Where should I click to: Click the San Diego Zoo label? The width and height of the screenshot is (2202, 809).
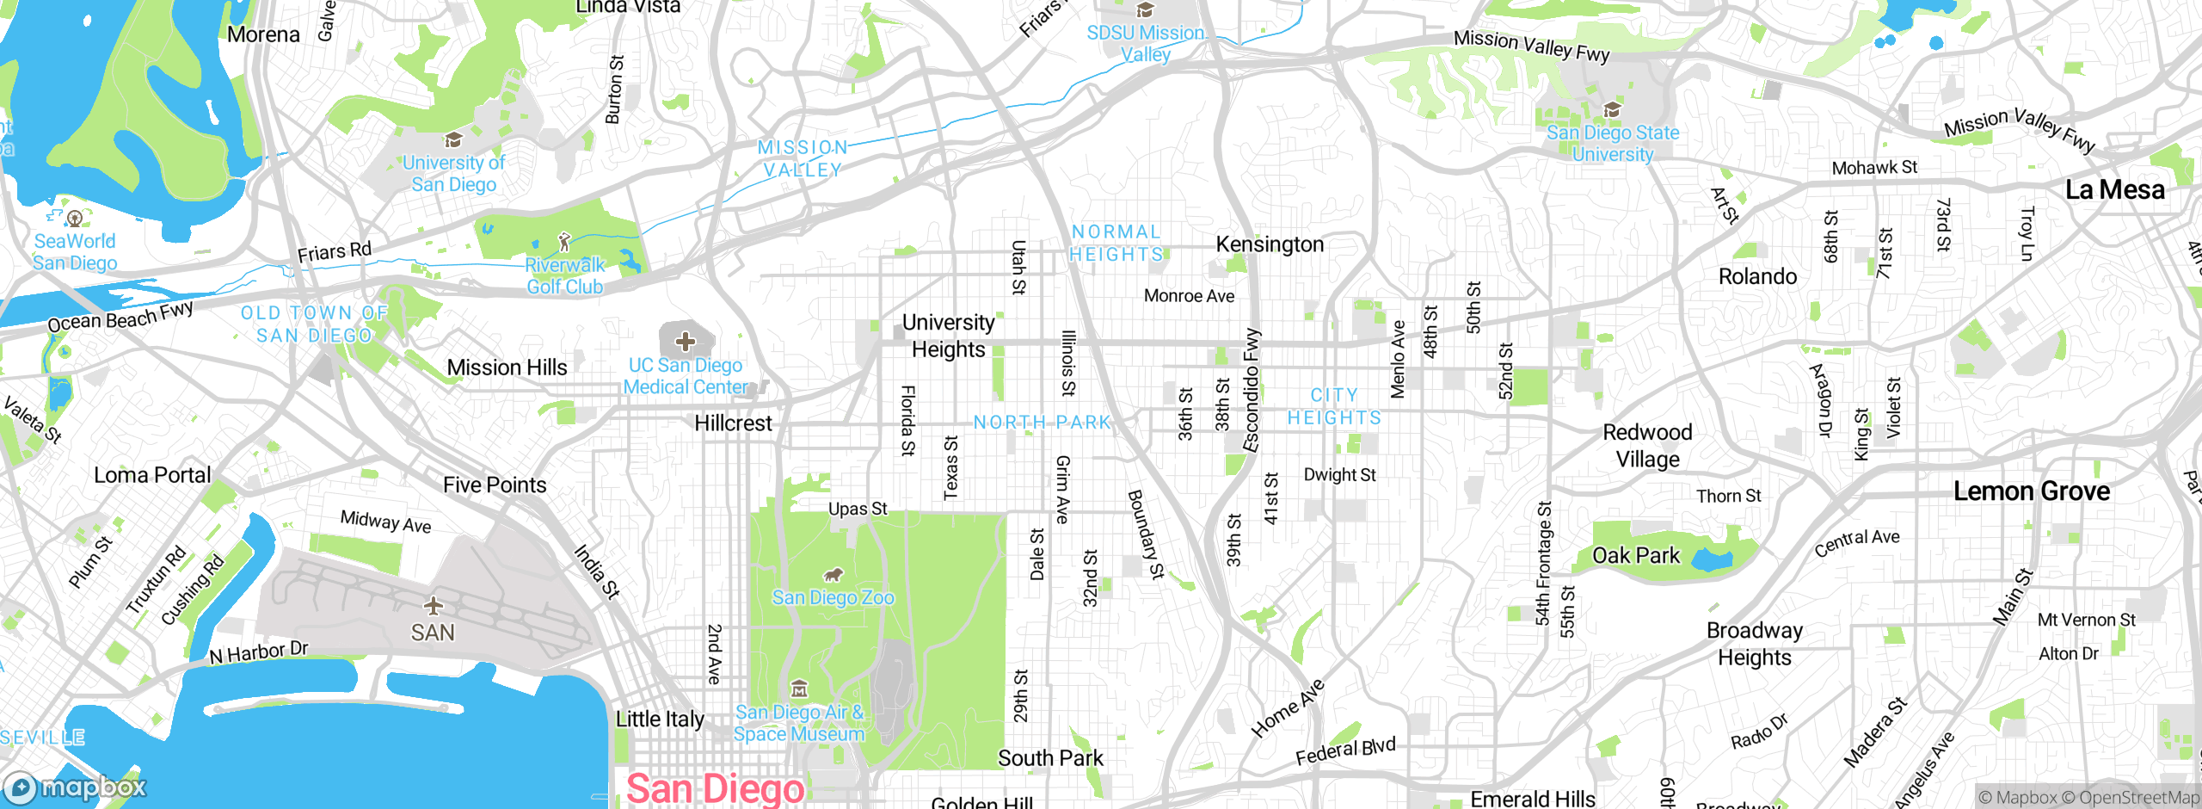click(833, 597)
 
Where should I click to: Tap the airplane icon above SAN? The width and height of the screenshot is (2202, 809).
click(433, 606)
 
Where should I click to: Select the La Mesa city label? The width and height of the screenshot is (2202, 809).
click(2114, 189)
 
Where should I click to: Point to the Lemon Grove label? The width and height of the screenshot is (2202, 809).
click(2031, 491)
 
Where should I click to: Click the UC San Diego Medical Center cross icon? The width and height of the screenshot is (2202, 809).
click(686, 342)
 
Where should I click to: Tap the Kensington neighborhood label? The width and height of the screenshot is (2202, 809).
click(1270, 244)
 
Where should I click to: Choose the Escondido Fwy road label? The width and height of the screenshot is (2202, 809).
click(1252, 390)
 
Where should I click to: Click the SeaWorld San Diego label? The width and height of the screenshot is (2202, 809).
click(75, 252)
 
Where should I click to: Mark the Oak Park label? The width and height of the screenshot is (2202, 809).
click(1635, 556)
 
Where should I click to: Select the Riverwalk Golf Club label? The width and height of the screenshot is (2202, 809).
click(565, 275)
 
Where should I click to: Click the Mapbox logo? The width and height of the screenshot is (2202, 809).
click(76, 787)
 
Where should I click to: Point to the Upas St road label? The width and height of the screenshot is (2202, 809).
click(858, 509)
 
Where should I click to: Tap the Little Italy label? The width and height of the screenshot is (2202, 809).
click(660, 719)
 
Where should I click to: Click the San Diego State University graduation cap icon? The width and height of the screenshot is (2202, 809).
click(1612, 109)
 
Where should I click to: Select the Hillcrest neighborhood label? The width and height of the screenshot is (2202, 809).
click(733, 423)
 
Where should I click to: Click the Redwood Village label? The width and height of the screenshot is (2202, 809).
click(1647, 445)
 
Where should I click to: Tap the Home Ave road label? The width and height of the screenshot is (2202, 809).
click(1287, 708)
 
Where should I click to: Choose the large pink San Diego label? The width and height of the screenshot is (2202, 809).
click(715, 788)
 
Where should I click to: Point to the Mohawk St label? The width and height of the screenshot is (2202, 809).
click(1874, 168)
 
